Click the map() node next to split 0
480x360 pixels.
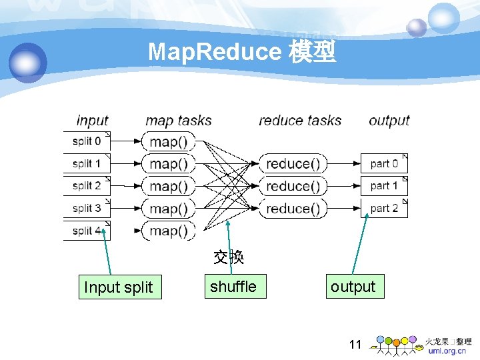click(168, 141)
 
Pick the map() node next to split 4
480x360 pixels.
click(168, 231)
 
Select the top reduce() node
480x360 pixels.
click(293, 163)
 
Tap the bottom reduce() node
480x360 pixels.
click(293, 209)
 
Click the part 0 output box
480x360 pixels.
click(384, 163)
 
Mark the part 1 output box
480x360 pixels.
click(384, 186)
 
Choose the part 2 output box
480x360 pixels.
click(384, 208)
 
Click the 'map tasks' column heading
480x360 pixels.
click(179, 121)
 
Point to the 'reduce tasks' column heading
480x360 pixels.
click(300, 121)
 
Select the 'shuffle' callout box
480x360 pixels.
click(233, 287)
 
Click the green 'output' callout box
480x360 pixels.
click(353, 287)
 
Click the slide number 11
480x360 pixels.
click(355, 345)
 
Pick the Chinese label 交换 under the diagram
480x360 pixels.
click(229, 257)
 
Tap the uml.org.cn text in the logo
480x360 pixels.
click(447, 351)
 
